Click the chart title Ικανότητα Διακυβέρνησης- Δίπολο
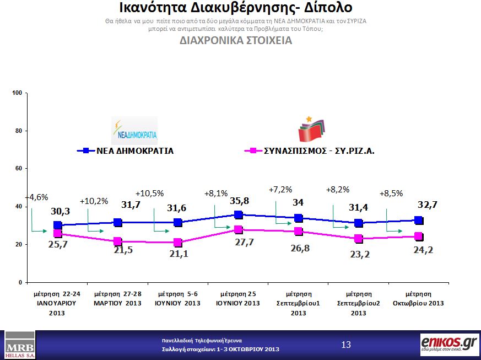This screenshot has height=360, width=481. (236, 9)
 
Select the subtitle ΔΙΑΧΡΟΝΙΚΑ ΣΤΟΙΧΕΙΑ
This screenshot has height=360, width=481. (236, 41)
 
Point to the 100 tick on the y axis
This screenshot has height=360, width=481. (17, 93)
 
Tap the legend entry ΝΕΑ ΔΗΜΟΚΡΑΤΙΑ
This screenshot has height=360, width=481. (135, 151)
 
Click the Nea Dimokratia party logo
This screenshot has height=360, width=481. (134, 131)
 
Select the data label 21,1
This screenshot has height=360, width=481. (178, 254)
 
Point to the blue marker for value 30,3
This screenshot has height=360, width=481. (57, 225)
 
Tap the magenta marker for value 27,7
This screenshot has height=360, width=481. (238, 230)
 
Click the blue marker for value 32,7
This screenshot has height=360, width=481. (418, 221)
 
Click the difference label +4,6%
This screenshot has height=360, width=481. (37, 197)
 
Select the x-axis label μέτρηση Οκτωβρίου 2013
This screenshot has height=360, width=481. (418, 298)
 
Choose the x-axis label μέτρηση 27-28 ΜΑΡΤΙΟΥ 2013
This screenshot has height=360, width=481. (117, 298)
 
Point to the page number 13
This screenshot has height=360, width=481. (346, 345)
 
